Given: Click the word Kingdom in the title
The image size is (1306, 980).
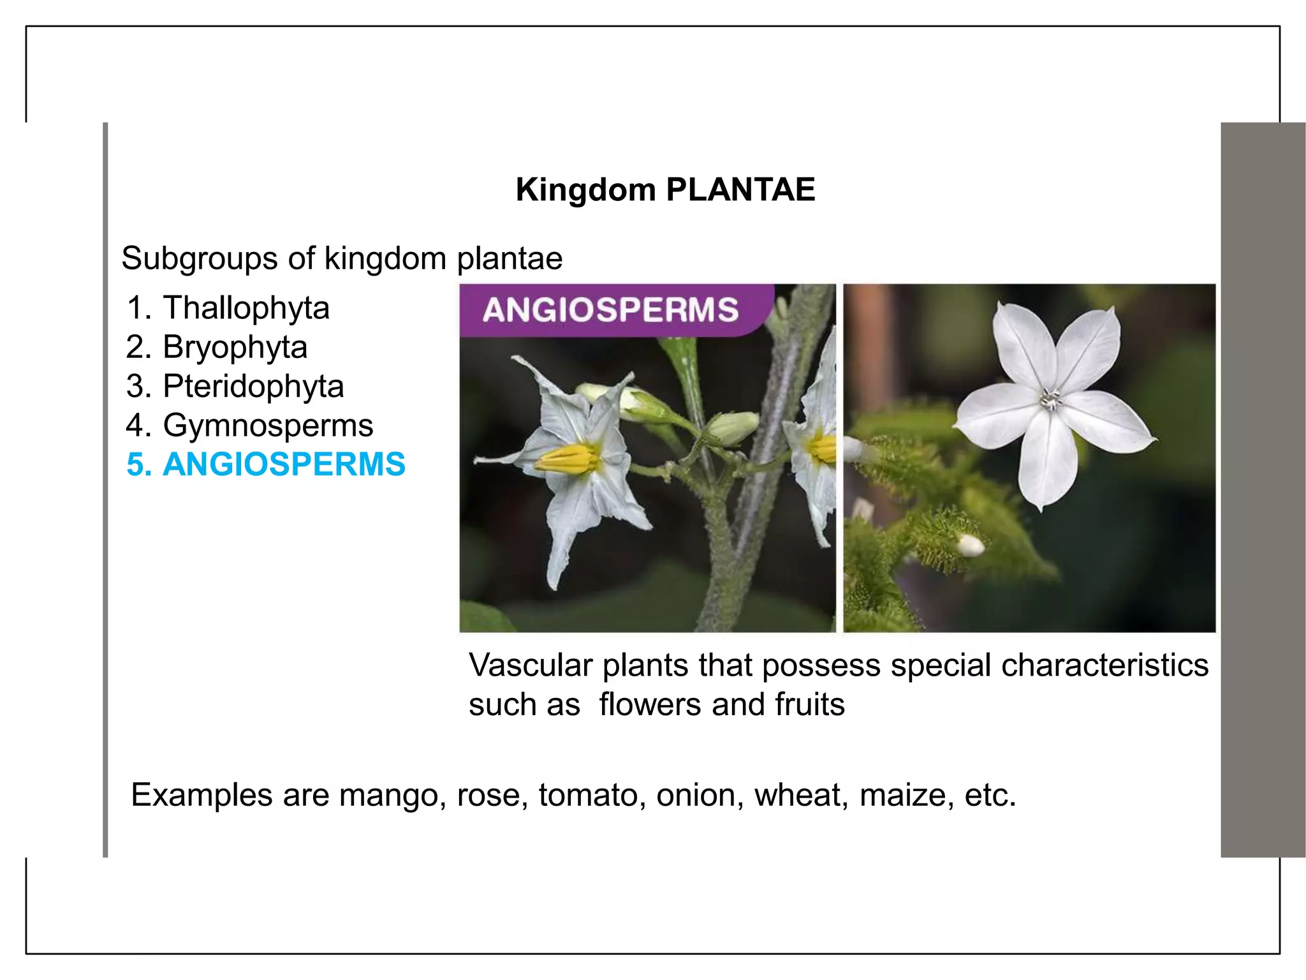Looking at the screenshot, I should pyautogui.click(x=585, y=189).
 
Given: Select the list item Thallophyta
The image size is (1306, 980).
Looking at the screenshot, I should pyautogui.click(x=246, y=308).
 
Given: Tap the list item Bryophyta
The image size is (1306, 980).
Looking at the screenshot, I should pyautogui.click(x=235, y=347).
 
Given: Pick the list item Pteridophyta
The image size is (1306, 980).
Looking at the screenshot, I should pyautogui.click(x=253, y=386).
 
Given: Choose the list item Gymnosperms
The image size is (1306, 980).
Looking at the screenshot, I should pyautogui.click(x=268, y=425).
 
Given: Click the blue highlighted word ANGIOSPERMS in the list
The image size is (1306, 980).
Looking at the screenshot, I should pyautogui.click(x=284, y=464).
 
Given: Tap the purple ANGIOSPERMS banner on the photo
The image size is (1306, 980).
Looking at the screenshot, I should pyautogui.click(x=610, y=310).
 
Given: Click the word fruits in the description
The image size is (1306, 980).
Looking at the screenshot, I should pyautogui.click(x=809, y=704).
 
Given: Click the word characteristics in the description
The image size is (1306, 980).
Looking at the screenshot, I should pyautogui.click(x=1104, y=665).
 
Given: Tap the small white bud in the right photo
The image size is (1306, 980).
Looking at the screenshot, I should pyautogui.click(x=971, y=544).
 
